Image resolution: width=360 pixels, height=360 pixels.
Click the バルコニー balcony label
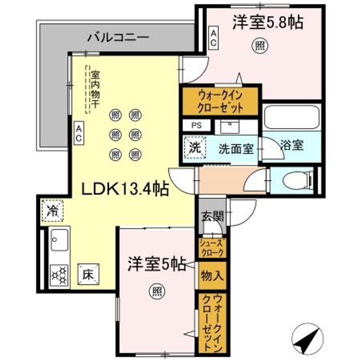tap(117, 37)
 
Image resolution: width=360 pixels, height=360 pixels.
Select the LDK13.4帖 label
tap(124, 188)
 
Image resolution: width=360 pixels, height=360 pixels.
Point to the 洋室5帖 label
tap(156, 263)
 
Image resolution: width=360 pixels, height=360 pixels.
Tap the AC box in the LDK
tap(79, 133)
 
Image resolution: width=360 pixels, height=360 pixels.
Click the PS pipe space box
tap(195, 126)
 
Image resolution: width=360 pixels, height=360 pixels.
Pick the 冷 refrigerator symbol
tap(52, 210)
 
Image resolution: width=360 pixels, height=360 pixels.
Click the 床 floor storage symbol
tap(88, 274)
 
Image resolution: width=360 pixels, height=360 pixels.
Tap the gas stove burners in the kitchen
tap(59, 275)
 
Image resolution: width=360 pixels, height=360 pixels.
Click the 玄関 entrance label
tap(211, 217)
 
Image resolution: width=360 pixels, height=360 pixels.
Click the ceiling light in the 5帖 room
tap(156, 290)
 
